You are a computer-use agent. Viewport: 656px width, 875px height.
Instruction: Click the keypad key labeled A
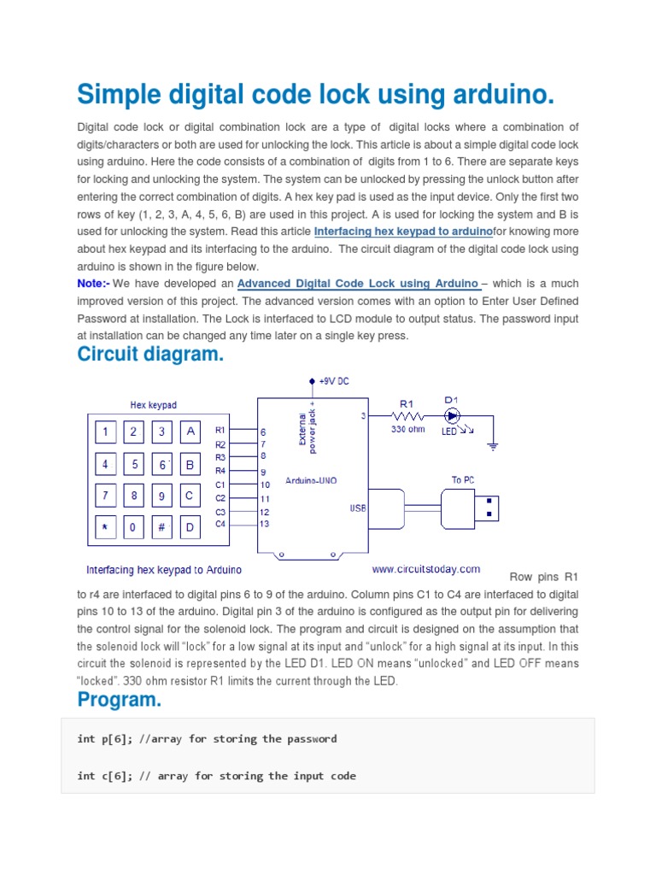[190, 432]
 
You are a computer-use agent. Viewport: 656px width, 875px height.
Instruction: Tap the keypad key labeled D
[190, 527]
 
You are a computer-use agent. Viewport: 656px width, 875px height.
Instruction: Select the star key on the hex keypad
[105, 527]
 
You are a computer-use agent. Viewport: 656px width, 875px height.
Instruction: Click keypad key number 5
[134, 465]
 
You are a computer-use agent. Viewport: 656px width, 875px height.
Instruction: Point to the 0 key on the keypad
[133, 527]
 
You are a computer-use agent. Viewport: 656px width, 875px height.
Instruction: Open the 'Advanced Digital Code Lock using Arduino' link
[358, 284]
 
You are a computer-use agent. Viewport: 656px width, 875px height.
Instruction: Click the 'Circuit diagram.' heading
[150, 355]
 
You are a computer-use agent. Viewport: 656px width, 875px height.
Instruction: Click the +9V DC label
[333, 381]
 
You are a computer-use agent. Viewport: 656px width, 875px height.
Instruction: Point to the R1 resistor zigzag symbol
[406, 416]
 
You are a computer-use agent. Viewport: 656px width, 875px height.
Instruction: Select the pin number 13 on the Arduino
[265, 524]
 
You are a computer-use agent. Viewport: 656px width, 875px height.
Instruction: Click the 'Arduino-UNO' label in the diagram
[311, 480]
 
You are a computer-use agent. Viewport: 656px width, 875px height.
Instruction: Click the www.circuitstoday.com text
[425, 568]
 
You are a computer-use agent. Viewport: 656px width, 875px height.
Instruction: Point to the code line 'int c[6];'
[216, 776]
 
